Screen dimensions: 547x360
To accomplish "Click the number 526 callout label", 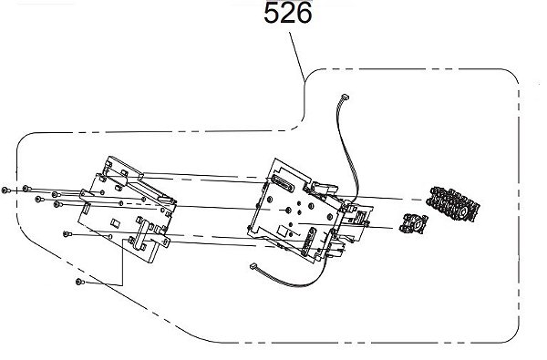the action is pyautogui.click(x=288, y=14).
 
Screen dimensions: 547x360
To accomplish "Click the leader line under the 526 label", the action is pyautogui.click(x=297, y=57).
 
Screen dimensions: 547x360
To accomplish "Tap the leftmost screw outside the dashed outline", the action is pyautogui.click(x=5, y=190).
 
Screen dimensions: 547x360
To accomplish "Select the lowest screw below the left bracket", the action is pyautogui.click(x=80, y=282).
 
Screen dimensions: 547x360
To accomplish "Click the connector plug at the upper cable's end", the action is pyautogui.click(x=346, y=97).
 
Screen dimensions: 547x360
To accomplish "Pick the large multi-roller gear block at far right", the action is pyautogui.click(x=453, y=204).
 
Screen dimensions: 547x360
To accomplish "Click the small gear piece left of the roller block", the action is pyautogui.click(x=413, y=223).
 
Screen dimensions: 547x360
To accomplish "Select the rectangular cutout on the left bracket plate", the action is pyautogui.click(x=116, y=222).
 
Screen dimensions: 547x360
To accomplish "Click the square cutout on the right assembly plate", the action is pyautogui.click(x=283, y=231).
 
